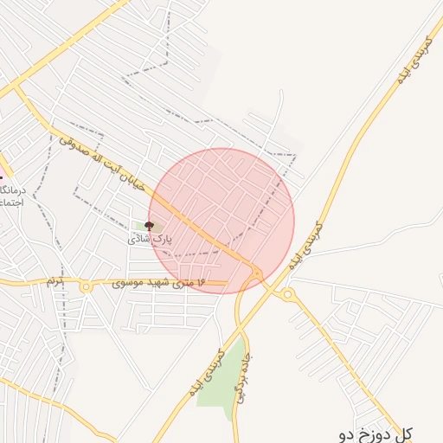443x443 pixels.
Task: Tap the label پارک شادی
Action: [x=151, y=237]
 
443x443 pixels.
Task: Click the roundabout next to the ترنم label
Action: [x=86, y=286]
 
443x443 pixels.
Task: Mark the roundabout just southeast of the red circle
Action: [x=288, y=295]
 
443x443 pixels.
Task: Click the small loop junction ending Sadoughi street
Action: [x=257, y=274]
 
